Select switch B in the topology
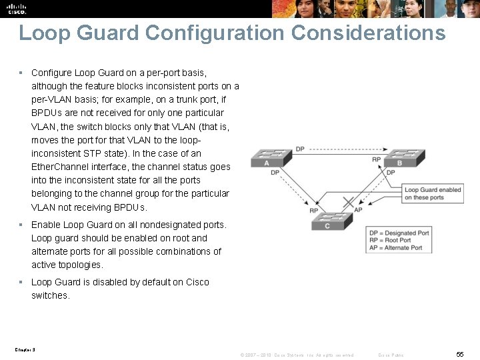tap(399, 158)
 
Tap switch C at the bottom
tap(326, 221)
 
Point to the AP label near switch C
tap(358, 210)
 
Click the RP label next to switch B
tap(377, 160)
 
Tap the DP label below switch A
tap(275, 173)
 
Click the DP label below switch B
tap(391, 173)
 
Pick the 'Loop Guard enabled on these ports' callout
tap(433, 193)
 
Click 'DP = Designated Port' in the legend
tap(399, 233)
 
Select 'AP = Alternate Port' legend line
tap(395, 248)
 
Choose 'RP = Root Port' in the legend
tap(389, 241)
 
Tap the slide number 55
tap(460, 355)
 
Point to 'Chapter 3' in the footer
tap(24, 349)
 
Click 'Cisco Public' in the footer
tap(391, 355)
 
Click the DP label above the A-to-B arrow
tap(300, 149)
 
